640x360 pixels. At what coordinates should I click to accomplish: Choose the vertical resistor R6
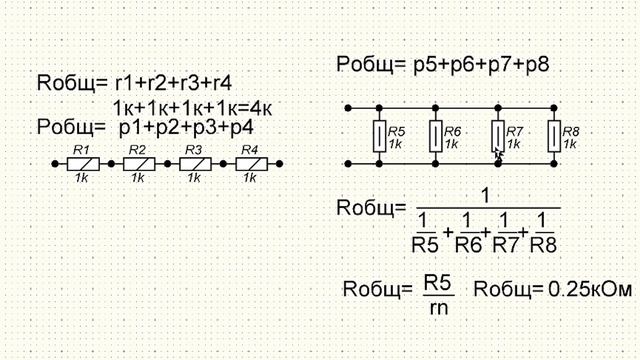pyautogui.click(x=436, y=136)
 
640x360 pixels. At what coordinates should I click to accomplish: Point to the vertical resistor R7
pyautogui.click(x=497, y=136)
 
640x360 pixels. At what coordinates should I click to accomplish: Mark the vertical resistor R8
pyautogui.click(x=554, y=136)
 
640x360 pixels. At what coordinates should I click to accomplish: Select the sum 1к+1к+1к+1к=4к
pyautogui.click(x=193, y=106)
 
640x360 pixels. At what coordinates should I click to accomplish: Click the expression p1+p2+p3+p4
pyautogui.click(x=186, y=128)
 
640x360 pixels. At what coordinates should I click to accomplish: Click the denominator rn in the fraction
pyautogui.click(x=437, y=307)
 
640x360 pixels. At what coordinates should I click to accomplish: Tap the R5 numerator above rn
pyautogui.click(x=437, y=281)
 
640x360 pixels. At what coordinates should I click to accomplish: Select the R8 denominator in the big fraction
pyautogui.click(x=542, y=242)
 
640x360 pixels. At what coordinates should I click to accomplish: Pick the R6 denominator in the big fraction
pyautogui.click(x=467, y=242)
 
